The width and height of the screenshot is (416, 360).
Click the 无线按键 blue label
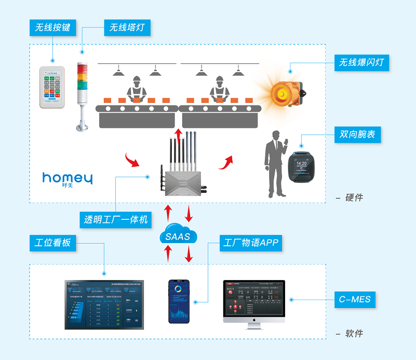[52, 28]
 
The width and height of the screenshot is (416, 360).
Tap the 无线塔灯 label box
[127, 28]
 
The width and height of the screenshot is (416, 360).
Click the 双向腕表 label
[357, 135]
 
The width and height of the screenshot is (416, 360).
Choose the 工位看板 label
[52, 243]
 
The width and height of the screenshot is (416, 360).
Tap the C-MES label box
[353, 300]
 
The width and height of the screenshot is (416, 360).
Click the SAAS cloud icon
[178, 236]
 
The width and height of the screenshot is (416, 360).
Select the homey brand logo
[68, 179]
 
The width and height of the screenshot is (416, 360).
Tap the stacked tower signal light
[82, 94]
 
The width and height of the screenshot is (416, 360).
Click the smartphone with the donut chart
[179, 301]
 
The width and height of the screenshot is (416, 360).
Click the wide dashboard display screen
[104, 304]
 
